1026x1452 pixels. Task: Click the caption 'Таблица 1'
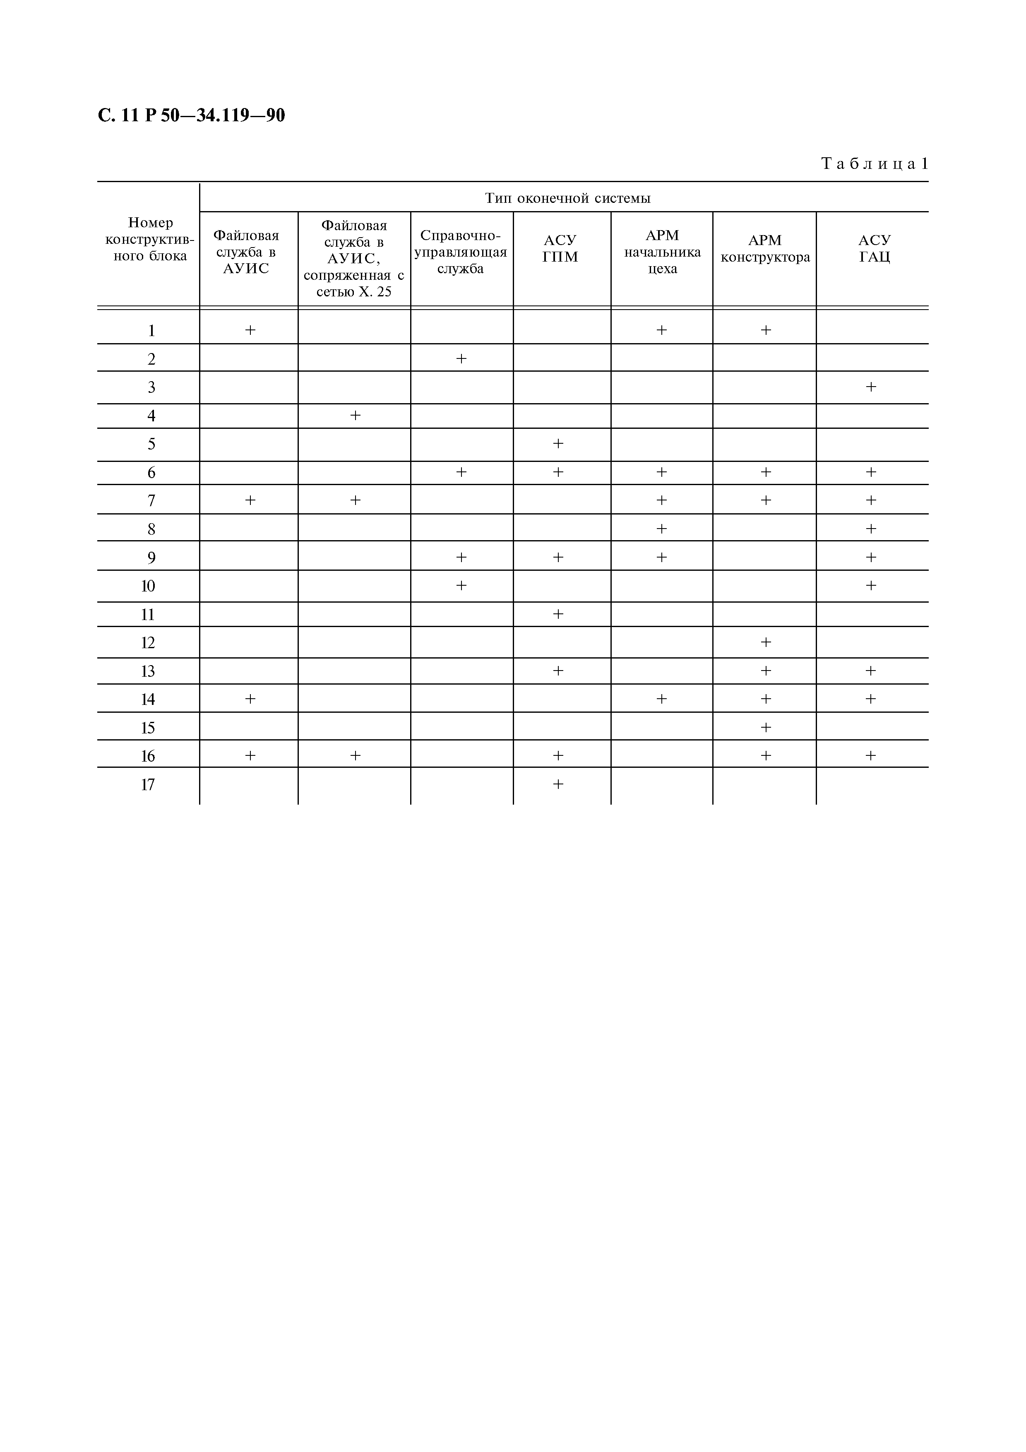874,164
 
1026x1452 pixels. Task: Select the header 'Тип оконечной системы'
568,198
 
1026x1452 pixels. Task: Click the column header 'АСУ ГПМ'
560,248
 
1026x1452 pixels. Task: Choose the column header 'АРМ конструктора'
765,248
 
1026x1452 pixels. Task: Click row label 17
148,785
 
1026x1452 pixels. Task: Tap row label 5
151,444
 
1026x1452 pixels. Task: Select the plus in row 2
461,358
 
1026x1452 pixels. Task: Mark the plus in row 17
558,784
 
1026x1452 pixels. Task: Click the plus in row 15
766,727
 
